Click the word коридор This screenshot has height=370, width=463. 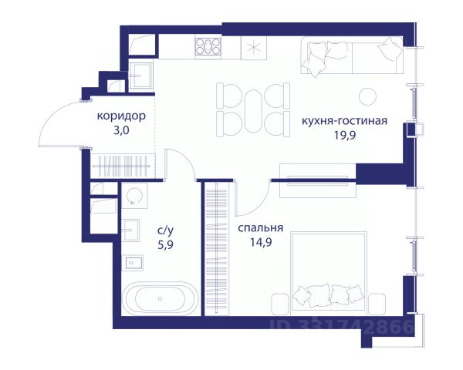pyautogui.click(x=121, y=116)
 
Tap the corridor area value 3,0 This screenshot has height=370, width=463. pyautogui.click(x=121, y=131)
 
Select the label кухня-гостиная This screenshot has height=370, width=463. pyautogui.click(x=344, y=121)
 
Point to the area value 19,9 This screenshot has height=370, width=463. pyautogui.click(x=345, y=136)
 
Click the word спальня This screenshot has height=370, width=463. pyautogui.click(x=261, y=228)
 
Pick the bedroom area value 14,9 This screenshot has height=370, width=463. pyautogui.click(x=261, y=243)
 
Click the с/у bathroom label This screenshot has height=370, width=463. pyautogui.click(x=165, y=230)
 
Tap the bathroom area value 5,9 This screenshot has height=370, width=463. pyautogui.click(x=165, y=245)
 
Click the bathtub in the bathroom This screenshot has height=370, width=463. pyautogui.click(x=160, y=298)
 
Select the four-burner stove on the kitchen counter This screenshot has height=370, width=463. pyautogui.click(x=208, y=46)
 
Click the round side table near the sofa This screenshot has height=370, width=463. pyautogui.click(x=367, y=96)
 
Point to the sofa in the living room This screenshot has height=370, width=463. pyautogui.click(x=352, y=55)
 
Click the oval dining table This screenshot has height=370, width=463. pyautogui.click(x=253, y=111)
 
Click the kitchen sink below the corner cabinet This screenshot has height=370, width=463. pyautogui.click(x=141, y=76)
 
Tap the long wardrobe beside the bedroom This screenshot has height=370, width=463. pyautogui.click(x=217, y=249)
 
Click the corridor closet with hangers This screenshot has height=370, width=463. pyautogui.click(x=122, y=166)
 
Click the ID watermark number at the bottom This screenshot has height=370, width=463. pyautogui.click(x=342, y=326)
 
